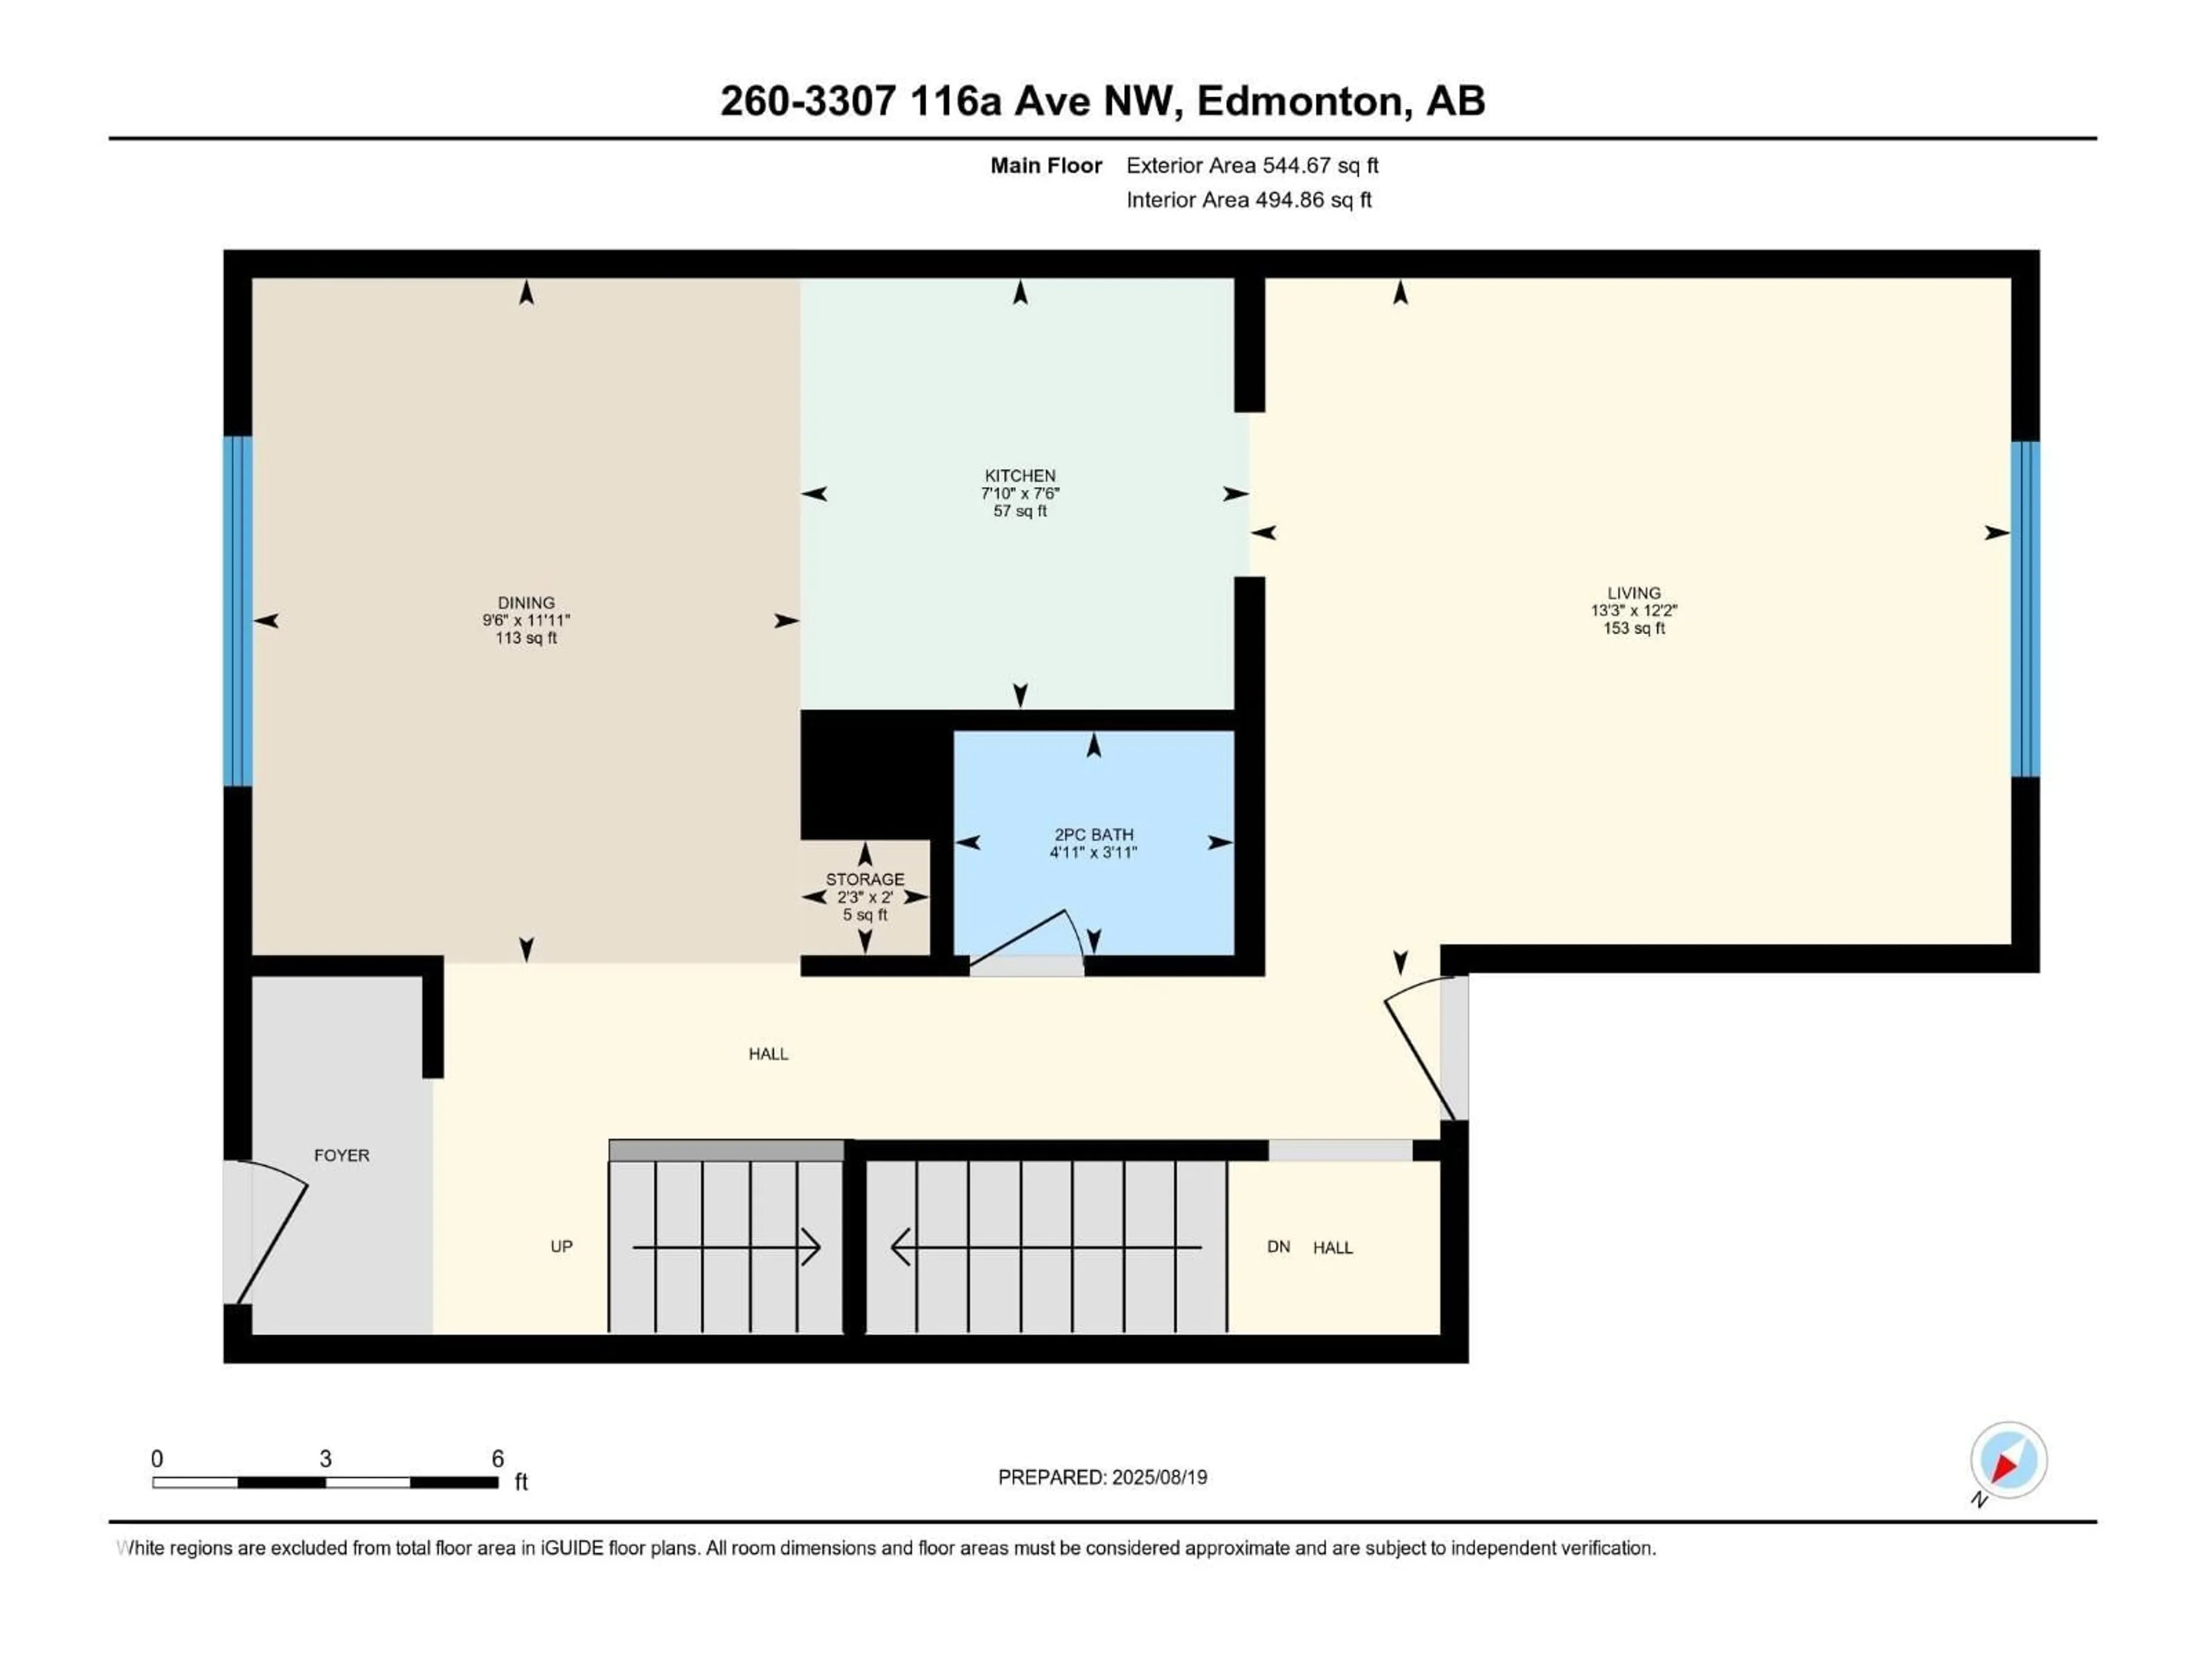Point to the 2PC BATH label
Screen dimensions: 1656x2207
(x=1094, y=834)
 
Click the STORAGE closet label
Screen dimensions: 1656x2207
(x=865, y=879)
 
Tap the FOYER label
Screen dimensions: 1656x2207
(x=341, y=1155)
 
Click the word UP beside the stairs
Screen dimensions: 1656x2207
(x=562, y=1247)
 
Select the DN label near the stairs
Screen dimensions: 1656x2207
(x=1278, y=1247)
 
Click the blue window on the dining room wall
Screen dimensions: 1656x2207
(x=237, y=611)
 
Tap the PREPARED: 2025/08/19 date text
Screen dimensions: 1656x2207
(x=1102, y=1477)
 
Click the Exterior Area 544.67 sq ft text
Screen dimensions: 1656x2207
(x=1252, y=166)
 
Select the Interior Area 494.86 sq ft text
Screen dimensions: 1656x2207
(x=1248, y=200)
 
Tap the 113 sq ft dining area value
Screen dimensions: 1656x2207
(x=526, y=638)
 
